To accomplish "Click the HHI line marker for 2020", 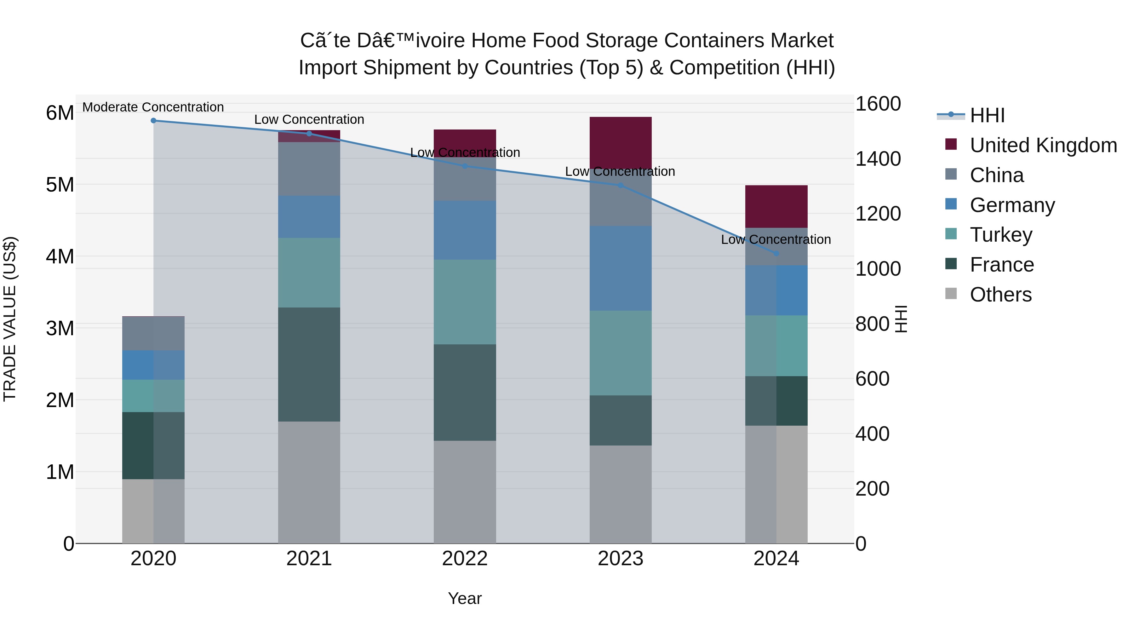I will [x=153, y=120].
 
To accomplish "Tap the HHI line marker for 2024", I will [x=776, y=254].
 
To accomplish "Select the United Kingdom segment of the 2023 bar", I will [x=620, y=141].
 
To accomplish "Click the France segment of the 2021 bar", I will [x=309, y=365].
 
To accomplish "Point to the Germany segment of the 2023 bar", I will [x=620, y=268].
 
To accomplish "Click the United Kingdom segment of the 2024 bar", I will [x=776, y=206].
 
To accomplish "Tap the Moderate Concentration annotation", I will [x=153, y=107].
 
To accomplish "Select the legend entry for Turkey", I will [x=1001, y=235].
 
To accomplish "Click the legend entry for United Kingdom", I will [x=1043, y=145].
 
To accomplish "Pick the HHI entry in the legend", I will [x=987, y=115].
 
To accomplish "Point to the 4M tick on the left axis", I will [x=60, y=256].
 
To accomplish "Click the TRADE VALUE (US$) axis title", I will [x=10, y=319].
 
